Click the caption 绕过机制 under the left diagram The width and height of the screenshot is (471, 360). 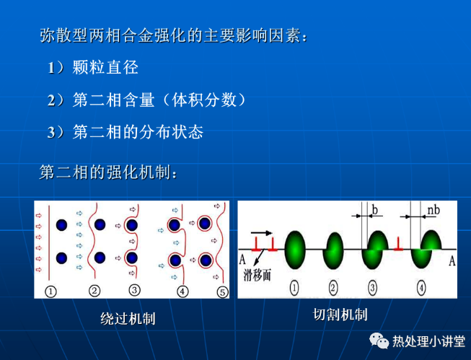pyautogui.click(x=128, y=319)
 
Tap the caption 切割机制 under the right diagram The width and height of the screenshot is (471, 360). pyautogui.click(x=340, y=315)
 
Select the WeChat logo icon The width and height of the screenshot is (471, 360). pyautogui.click(x=379, y=341)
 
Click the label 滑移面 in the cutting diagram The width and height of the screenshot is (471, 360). pyautogui.click(x=257, y=275)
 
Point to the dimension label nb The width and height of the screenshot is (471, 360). pyautogui.click(x=433, y=210)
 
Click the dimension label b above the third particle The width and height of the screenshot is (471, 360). pyautogui.click(x=374, y=210)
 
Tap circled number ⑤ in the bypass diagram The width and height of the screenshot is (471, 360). pyautogui.click(x=222, y=291)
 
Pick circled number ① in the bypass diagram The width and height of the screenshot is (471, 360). pyautogui.click(x=50, y=291)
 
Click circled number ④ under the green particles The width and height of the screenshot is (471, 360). pyautogui.click(x=421, y=288)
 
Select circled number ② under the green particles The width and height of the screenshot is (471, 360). pyautogui.click(x=333, y=288)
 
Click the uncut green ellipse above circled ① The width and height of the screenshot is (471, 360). pyautogui.click(x=295, y=250)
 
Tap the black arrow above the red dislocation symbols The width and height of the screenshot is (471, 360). pyautogui.click(x=261, y=232)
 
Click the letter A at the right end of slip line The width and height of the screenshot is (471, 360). pyautogui.click(x=452, y=260)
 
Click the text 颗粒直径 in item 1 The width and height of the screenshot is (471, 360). pyautogui.click(x=105, y=67)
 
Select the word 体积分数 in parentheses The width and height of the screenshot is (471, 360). pyautogui.click(x=204, y=100)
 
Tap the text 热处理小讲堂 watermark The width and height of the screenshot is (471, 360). pyautogui.click(x=428, y=341)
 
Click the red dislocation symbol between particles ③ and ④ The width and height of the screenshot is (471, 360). pyautogui.click(x=398, y=244)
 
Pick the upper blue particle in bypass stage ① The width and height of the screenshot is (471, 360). pyautogui.click(x=61, y=225)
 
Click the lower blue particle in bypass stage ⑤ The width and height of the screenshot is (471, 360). pyautogui.click(x=206, y=260)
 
